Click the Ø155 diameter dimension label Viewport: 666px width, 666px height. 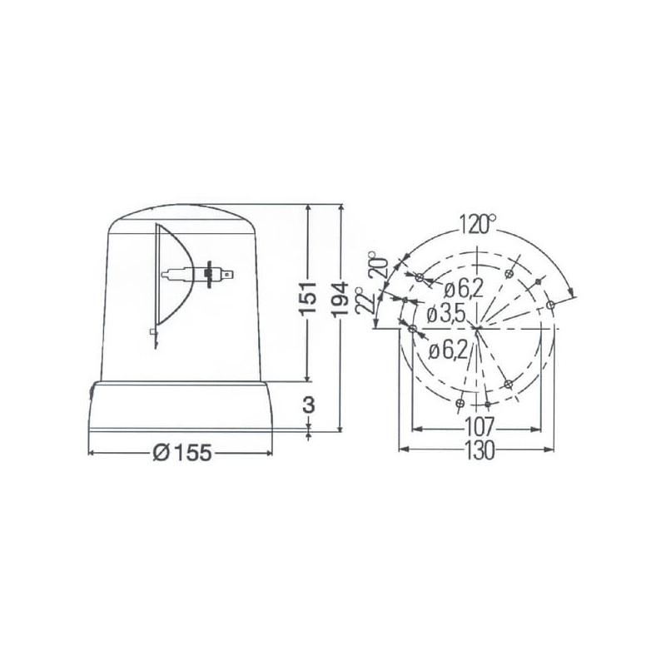tap(181, 453)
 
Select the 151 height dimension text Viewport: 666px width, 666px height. tap(308, 298)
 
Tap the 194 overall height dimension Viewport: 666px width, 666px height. tap(340, 299)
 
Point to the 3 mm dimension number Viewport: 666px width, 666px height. tap(309, 405)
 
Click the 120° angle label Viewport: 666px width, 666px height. tap(478, 225)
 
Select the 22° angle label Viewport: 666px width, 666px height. tap(365, 301)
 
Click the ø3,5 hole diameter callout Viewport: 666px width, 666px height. tap(446, 315)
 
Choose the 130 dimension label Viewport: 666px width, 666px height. tap(479, 450)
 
